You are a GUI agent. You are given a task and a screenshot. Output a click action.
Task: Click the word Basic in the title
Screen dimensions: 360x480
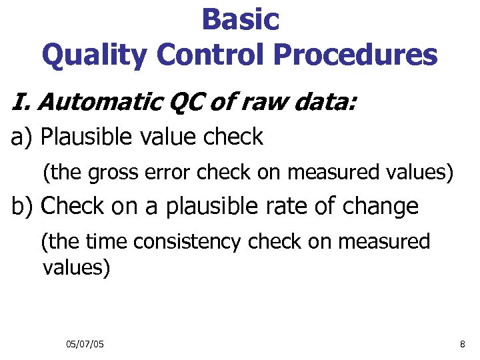pyautogui.click(x=240, y=19)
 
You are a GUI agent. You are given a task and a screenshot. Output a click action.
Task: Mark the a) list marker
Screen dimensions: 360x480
pyautogui.click(x=23, y=137)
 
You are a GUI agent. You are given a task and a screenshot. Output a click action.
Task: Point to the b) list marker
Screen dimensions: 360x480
pyautogui.click(x=23, y=207)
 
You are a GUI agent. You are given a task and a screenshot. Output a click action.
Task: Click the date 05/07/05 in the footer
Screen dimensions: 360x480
pyautogui.click(x=85, y=344)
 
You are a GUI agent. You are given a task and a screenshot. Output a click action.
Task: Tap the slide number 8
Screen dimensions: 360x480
pyautogui.click(x=463, y=344)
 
